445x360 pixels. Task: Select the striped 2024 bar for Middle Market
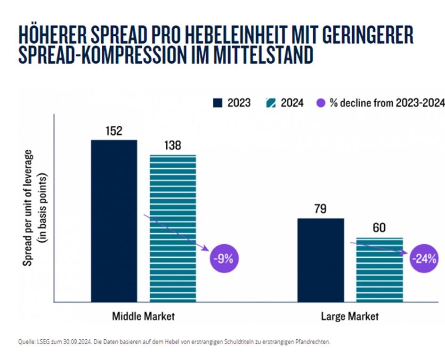coord(173,228)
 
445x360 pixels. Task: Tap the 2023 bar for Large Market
coord(320,260)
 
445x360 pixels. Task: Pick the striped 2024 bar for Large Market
coord(379,269)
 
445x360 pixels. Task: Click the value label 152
coord(113,131)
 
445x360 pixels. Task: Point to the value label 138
coord(172,146)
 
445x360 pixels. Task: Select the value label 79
coord(320,209)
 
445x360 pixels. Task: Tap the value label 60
coord(379,228)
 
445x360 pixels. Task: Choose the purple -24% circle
coord(424,259)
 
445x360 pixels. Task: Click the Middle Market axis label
coord(143,316)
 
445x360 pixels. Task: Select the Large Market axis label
coord(349,316)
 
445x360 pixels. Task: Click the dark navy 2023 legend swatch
coord(217,103)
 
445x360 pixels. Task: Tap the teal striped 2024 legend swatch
coord(271,103)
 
